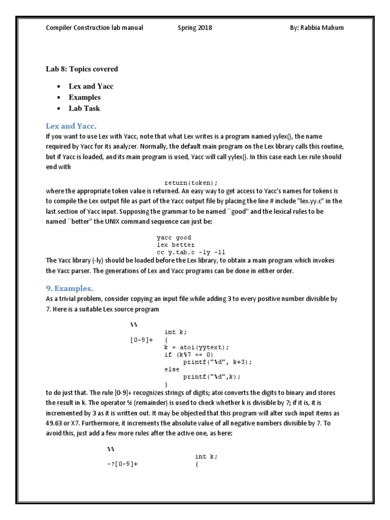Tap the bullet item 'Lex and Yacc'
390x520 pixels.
(91, 86)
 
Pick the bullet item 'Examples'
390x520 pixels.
(84, 97)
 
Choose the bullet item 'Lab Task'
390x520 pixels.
(84, 108)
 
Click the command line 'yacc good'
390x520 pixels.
(174, 237)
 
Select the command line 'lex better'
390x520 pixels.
(176, 244)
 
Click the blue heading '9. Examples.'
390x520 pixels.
(68, 288)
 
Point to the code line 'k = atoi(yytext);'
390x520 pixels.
(197, 347)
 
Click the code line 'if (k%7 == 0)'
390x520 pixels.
(189, 354)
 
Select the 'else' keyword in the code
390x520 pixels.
(172, 369)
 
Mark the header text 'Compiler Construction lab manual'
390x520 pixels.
(94, 27)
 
